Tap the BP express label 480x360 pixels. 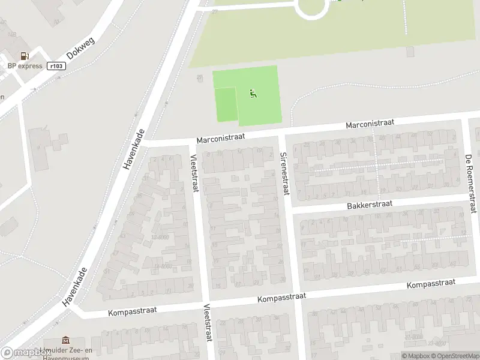(x=25, y=66)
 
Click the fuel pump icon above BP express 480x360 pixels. (x=25, y=56)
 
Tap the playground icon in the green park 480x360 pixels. (x=253, y=93)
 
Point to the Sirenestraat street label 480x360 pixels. (x=284, y=173)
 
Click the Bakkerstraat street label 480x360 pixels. (x=369, y=205)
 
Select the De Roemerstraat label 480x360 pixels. (x=470, y=184)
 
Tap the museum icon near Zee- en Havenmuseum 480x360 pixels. (x=65, y=341)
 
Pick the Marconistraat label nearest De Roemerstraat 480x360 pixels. (x=370, y=123)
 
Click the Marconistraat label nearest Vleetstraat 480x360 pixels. (x=221, y=137)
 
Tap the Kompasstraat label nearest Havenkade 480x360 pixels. (x=133, y=310)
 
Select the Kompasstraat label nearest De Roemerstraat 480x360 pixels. (x=431, y=283)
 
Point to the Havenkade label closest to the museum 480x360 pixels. (x=75, y=288)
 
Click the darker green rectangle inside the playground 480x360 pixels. (x=226, y=104)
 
